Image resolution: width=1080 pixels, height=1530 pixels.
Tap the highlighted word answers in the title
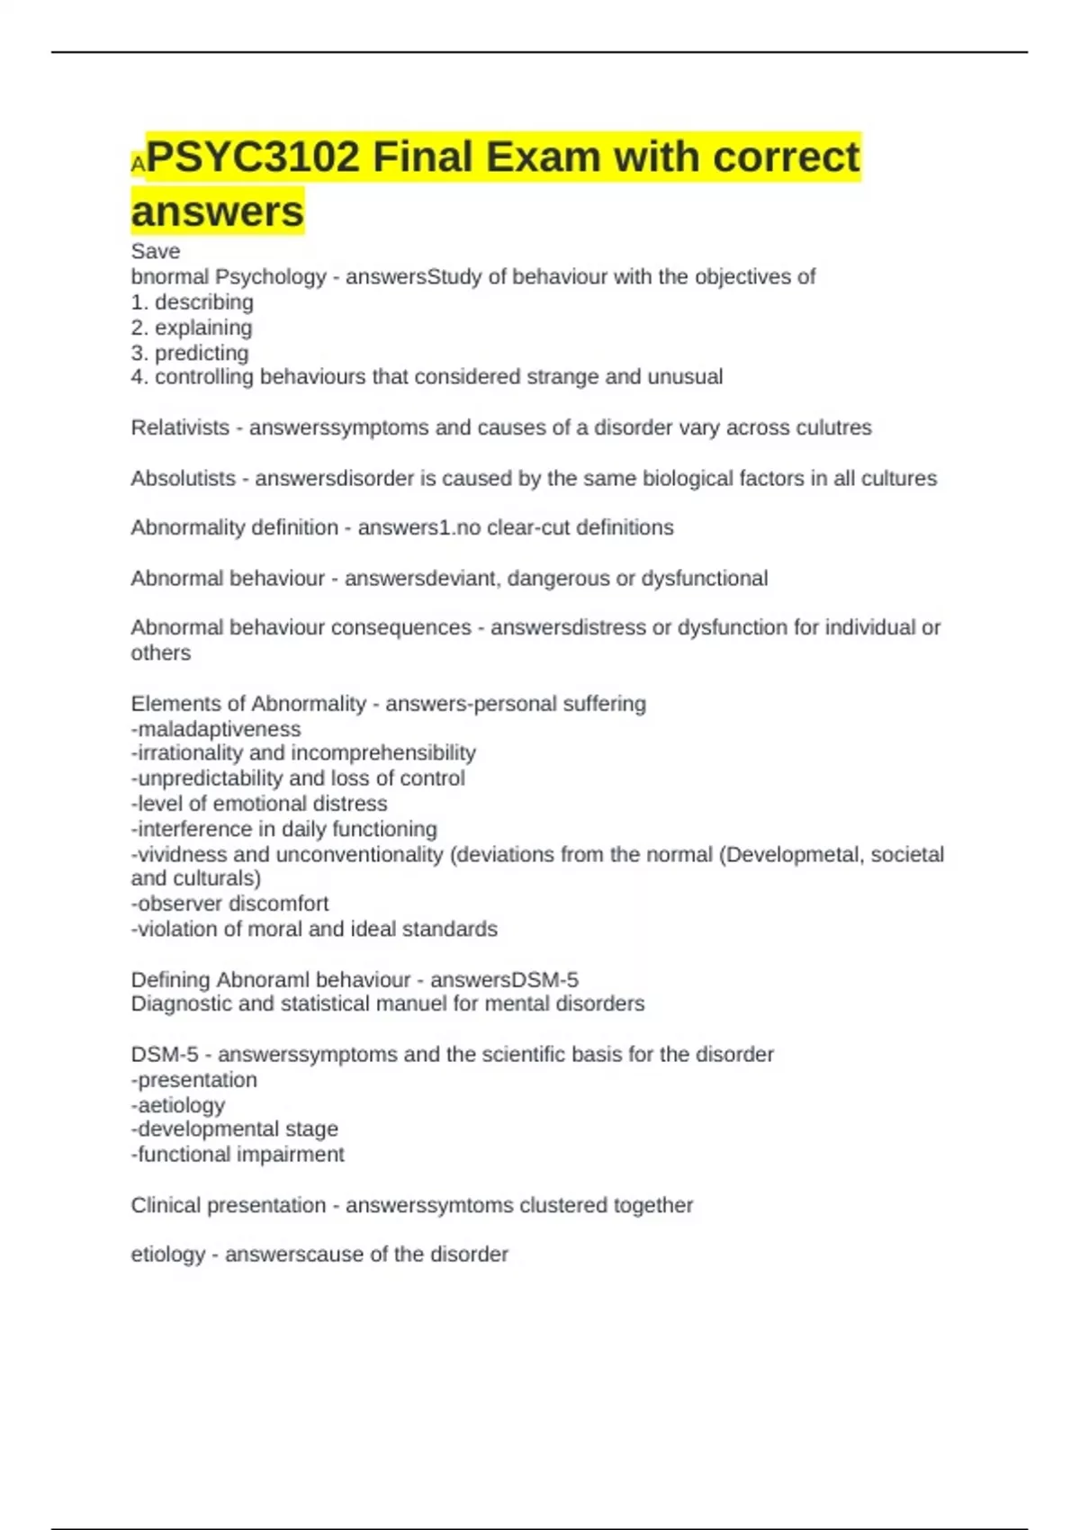[218, 211]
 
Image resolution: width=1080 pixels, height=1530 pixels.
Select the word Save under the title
[156, 251]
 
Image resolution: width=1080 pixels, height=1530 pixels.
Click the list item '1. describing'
[192, 302]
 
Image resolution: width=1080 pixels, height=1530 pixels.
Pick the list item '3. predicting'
[190, 353]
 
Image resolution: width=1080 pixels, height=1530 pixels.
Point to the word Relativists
[180, 427]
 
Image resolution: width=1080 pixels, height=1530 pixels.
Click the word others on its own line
[161, 652]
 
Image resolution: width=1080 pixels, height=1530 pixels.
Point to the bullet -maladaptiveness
[216, 729]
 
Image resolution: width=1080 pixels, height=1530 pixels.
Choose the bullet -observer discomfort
[229, 904]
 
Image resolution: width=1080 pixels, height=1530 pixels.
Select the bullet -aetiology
[178, 1105]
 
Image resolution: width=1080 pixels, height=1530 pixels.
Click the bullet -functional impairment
[238, 1155]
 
